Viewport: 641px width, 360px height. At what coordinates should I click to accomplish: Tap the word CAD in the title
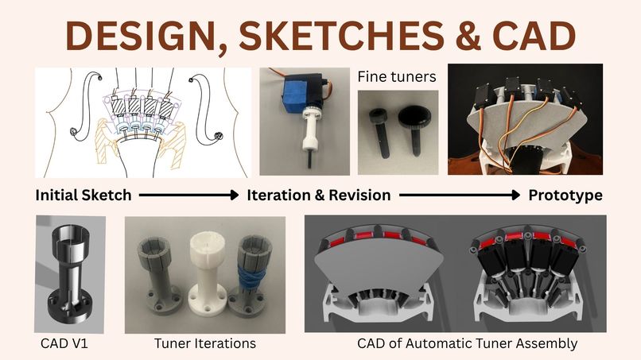pyautogui.click(x=536, y=35)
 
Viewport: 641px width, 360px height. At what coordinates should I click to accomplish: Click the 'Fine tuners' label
pyautogui.click(x=397, y=76)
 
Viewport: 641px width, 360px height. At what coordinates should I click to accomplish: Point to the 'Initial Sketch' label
pyautogui.click(x=84, y=195)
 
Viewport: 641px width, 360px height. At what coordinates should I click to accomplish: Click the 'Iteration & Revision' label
pyautogui.click(x=318, y=195)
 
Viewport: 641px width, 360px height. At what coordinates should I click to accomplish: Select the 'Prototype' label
pyautogui.click(x=565, y=195)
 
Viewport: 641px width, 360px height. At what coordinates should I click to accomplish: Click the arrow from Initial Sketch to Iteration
pyautogui.click(x=188, y=195)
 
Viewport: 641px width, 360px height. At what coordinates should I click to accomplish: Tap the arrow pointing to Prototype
pyautogui.click(x=460, y=195)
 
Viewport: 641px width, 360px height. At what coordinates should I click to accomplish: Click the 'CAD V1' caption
pyautogui.click(x=64, y=343)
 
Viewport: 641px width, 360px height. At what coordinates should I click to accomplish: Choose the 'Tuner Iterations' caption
pyautogui.click(x=205, y=343)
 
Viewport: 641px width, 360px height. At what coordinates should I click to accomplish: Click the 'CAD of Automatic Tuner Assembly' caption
pyautogui.click(x=468, y=343)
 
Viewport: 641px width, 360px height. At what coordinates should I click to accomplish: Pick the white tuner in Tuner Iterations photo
pyautogui.click(x=208, y=274)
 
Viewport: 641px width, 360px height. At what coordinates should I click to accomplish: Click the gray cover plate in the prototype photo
pyautogui.click(x=527, y=122)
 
